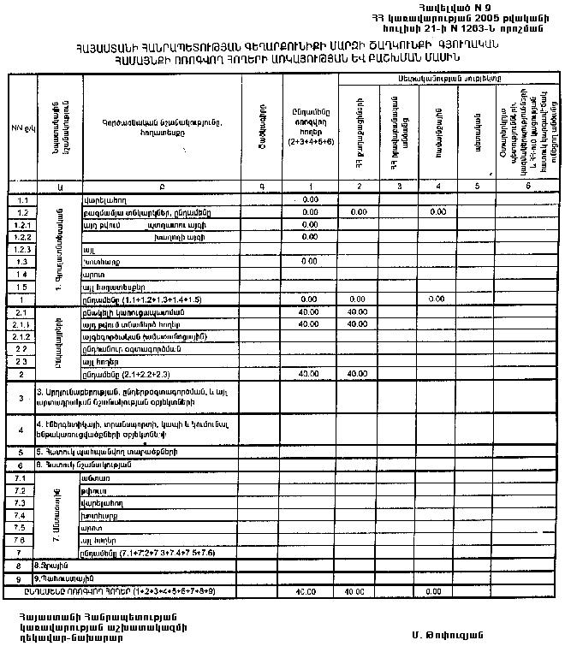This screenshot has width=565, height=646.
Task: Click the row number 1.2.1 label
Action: [x=24, y=224]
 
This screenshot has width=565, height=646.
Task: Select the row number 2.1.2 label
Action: [x=23, y=337]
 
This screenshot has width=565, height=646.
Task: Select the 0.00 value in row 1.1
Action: [x=310, y=199]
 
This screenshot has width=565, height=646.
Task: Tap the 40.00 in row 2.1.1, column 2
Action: [x=358, y=325]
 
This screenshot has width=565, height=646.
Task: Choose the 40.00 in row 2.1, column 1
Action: [x=310, y=312]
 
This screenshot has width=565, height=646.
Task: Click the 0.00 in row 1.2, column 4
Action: [x=437, y=211]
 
